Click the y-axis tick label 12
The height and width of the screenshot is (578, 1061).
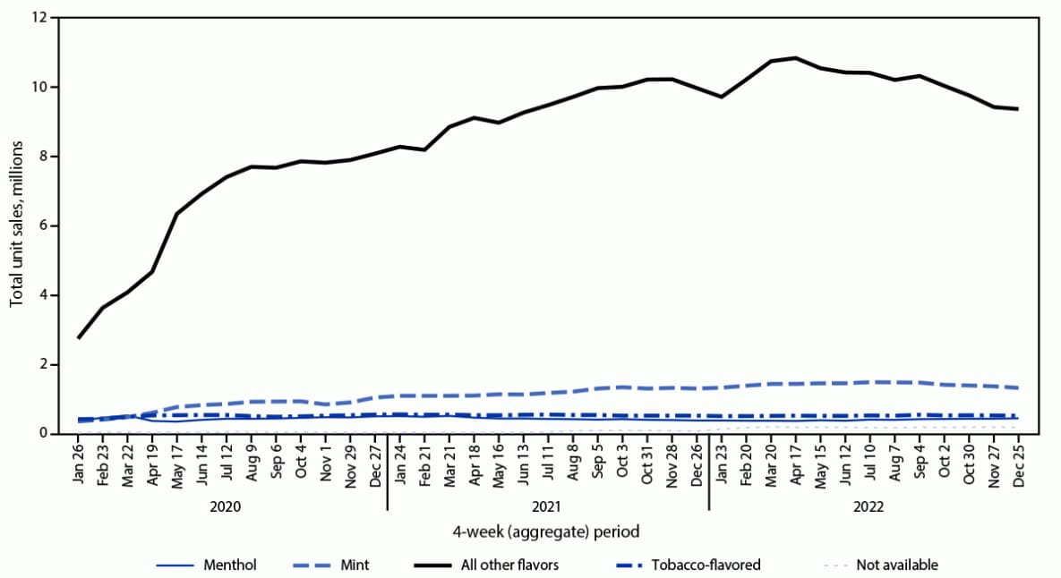pos(39,18)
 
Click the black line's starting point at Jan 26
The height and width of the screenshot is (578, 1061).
pos(79,337)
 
